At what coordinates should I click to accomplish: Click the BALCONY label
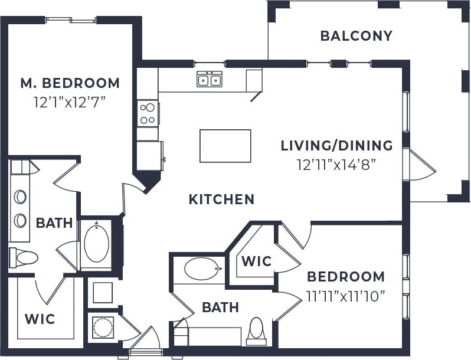pyautogui.click(x=356, y=36)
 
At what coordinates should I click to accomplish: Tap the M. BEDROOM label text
pyautogui.click(x=70, y=83)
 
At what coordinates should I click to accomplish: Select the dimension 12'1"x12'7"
pyautogui.click(x=70, y=101)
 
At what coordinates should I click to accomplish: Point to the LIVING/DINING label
pyautogui.click(x=336, y=145)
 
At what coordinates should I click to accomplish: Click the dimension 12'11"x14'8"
pyautogui.click(x=336, y=163)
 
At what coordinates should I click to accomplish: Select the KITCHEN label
pyautogui.click(x=221, y=199)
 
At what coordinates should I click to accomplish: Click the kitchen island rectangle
pyautogui.click(x=225, y=146)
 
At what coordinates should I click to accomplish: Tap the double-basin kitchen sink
pyautogui.click(x=210, y=79)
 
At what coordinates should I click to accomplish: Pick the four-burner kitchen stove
pyautogui.click(x=148, y=113)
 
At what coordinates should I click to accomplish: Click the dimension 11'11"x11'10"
pyautogui.click(x=345, y=295)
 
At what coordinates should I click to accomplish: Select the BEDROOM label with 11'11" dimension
pyautogui.click(x=345, y=277)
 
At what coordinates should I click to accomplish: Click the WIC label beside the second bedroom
pyautogui.click(x=257, y=261)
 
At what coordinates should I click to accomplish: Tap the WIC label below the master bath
pyautogui.click(x=40, y=319)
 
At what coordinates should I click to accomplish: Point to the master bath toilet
pyautogui.click(x=24, y=257)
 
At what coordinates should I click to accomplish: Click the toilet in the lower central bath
pyautogui.click(x=257, y=330)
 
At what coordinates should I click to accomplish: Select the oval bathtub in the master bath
pyautogui.click(x=96, y=243)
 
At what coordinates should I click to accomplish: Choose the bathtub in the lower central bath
pyautogui.click(x=201, y=269)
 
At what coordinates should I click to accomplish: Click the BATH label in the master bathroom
pyautogui.click(x=54, y=223)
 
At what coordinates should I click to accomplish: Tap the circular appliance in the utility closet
pyautogui.click(x=103, y=328)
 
